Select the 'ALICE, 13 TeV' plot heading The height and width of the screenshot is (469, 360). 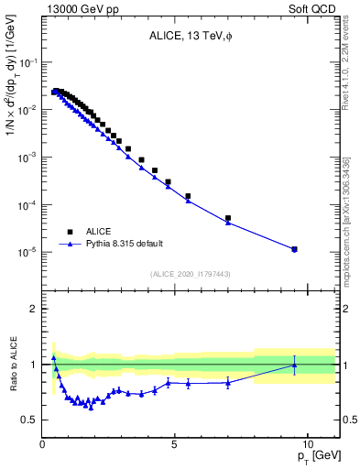(x=189, y=37)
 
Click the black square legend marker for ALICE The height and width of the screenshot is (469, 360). (x=70, y=232)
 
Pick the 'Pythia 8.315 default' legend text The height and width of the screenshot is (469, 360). (x=125, y=244)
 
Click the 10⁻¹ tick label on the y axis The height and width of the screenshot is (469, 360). (x=29, y=62)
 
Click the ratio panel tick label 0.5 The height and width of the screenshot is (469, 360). (x=29, y=420)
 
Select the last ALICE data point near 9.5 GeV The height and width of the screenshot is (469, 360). (x=294, y=249)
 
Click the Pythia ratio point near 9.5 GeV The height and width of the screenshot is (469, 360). (x=294, y=365)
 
